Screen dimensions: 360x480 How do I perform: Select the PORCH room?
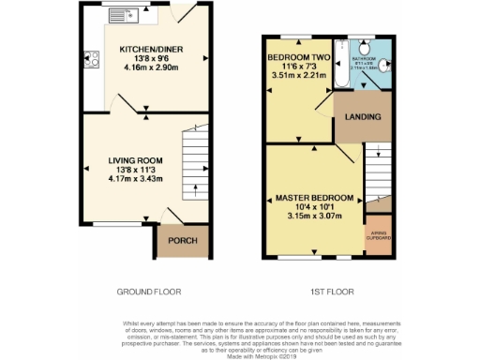182,241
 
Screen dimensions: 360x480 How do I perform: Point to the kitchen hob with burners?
92,60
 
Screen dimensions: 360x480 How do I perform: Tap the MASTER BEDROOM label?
314,199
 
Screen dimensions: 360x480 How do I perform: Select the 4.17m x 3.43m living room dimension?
136,177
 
